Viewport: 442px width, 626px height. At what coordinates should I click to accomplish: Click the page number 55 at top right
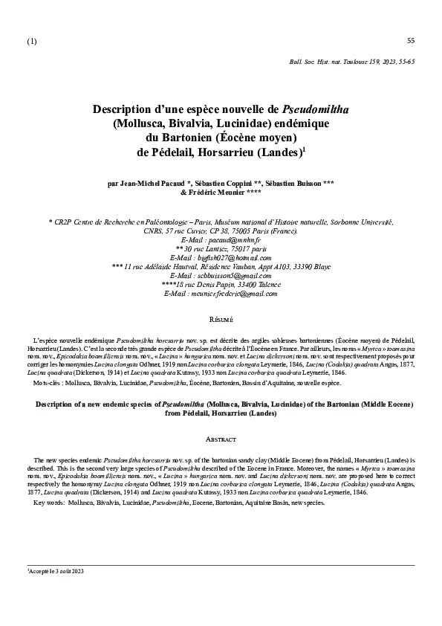click(411, 39)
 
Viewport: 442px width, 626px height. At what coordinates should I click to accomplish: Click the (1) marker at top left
click(31, 40)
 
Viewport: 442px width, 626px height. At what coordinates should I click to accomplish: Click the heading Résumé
click(221, 319)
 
